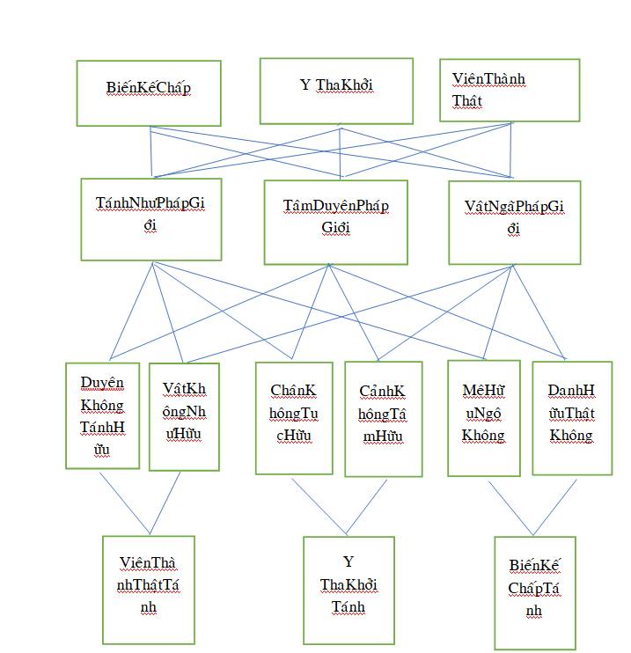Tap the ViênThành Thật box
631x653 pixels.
point(510,90)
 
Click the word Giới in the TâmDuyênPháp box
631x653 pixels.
point(335,228)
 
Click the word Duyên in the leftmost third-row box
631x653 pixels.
point(102,382)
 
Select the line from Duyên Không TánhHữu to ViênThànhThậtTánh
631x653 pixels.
point(123,502)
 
